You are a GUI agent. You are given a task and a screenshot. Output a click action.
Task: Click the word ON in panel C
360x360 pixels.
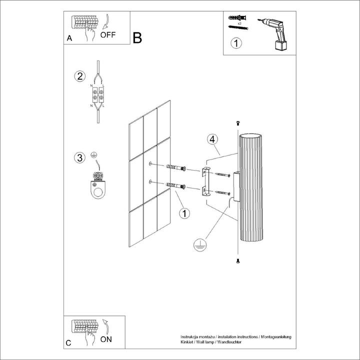(106, 339)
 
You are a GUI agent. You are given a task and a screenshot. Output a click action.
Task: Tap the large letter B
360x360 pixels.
(137, 37)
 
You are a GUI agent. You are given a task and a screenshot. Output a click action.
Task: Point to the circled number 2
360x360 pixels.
(78, 76)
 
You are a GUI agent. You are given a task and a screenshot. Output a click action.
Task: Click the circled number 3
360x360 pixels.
(78, 158)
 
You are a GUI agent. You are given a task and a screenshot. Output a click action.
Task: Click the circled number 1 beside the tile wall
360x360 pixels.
(184, 213)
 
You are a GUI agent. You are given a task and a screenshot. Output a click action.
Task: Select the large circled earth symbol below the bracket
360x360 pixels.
(200, 245)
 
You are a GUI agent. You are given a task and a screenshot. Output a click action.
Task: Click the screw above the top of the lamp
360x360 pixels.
(238, 123)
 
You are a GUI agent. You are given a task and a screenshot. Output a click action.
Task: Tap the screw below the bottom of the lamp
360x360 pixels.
(238, 261)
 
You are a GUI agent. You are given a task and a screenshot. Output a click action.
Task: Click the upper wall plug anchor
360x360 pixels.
(174, 167)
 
